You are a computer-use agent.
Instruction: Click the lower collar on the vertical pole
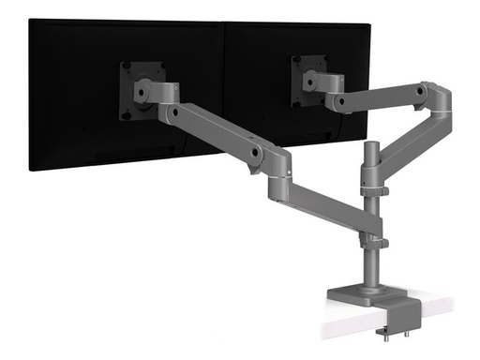(377, 243)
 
